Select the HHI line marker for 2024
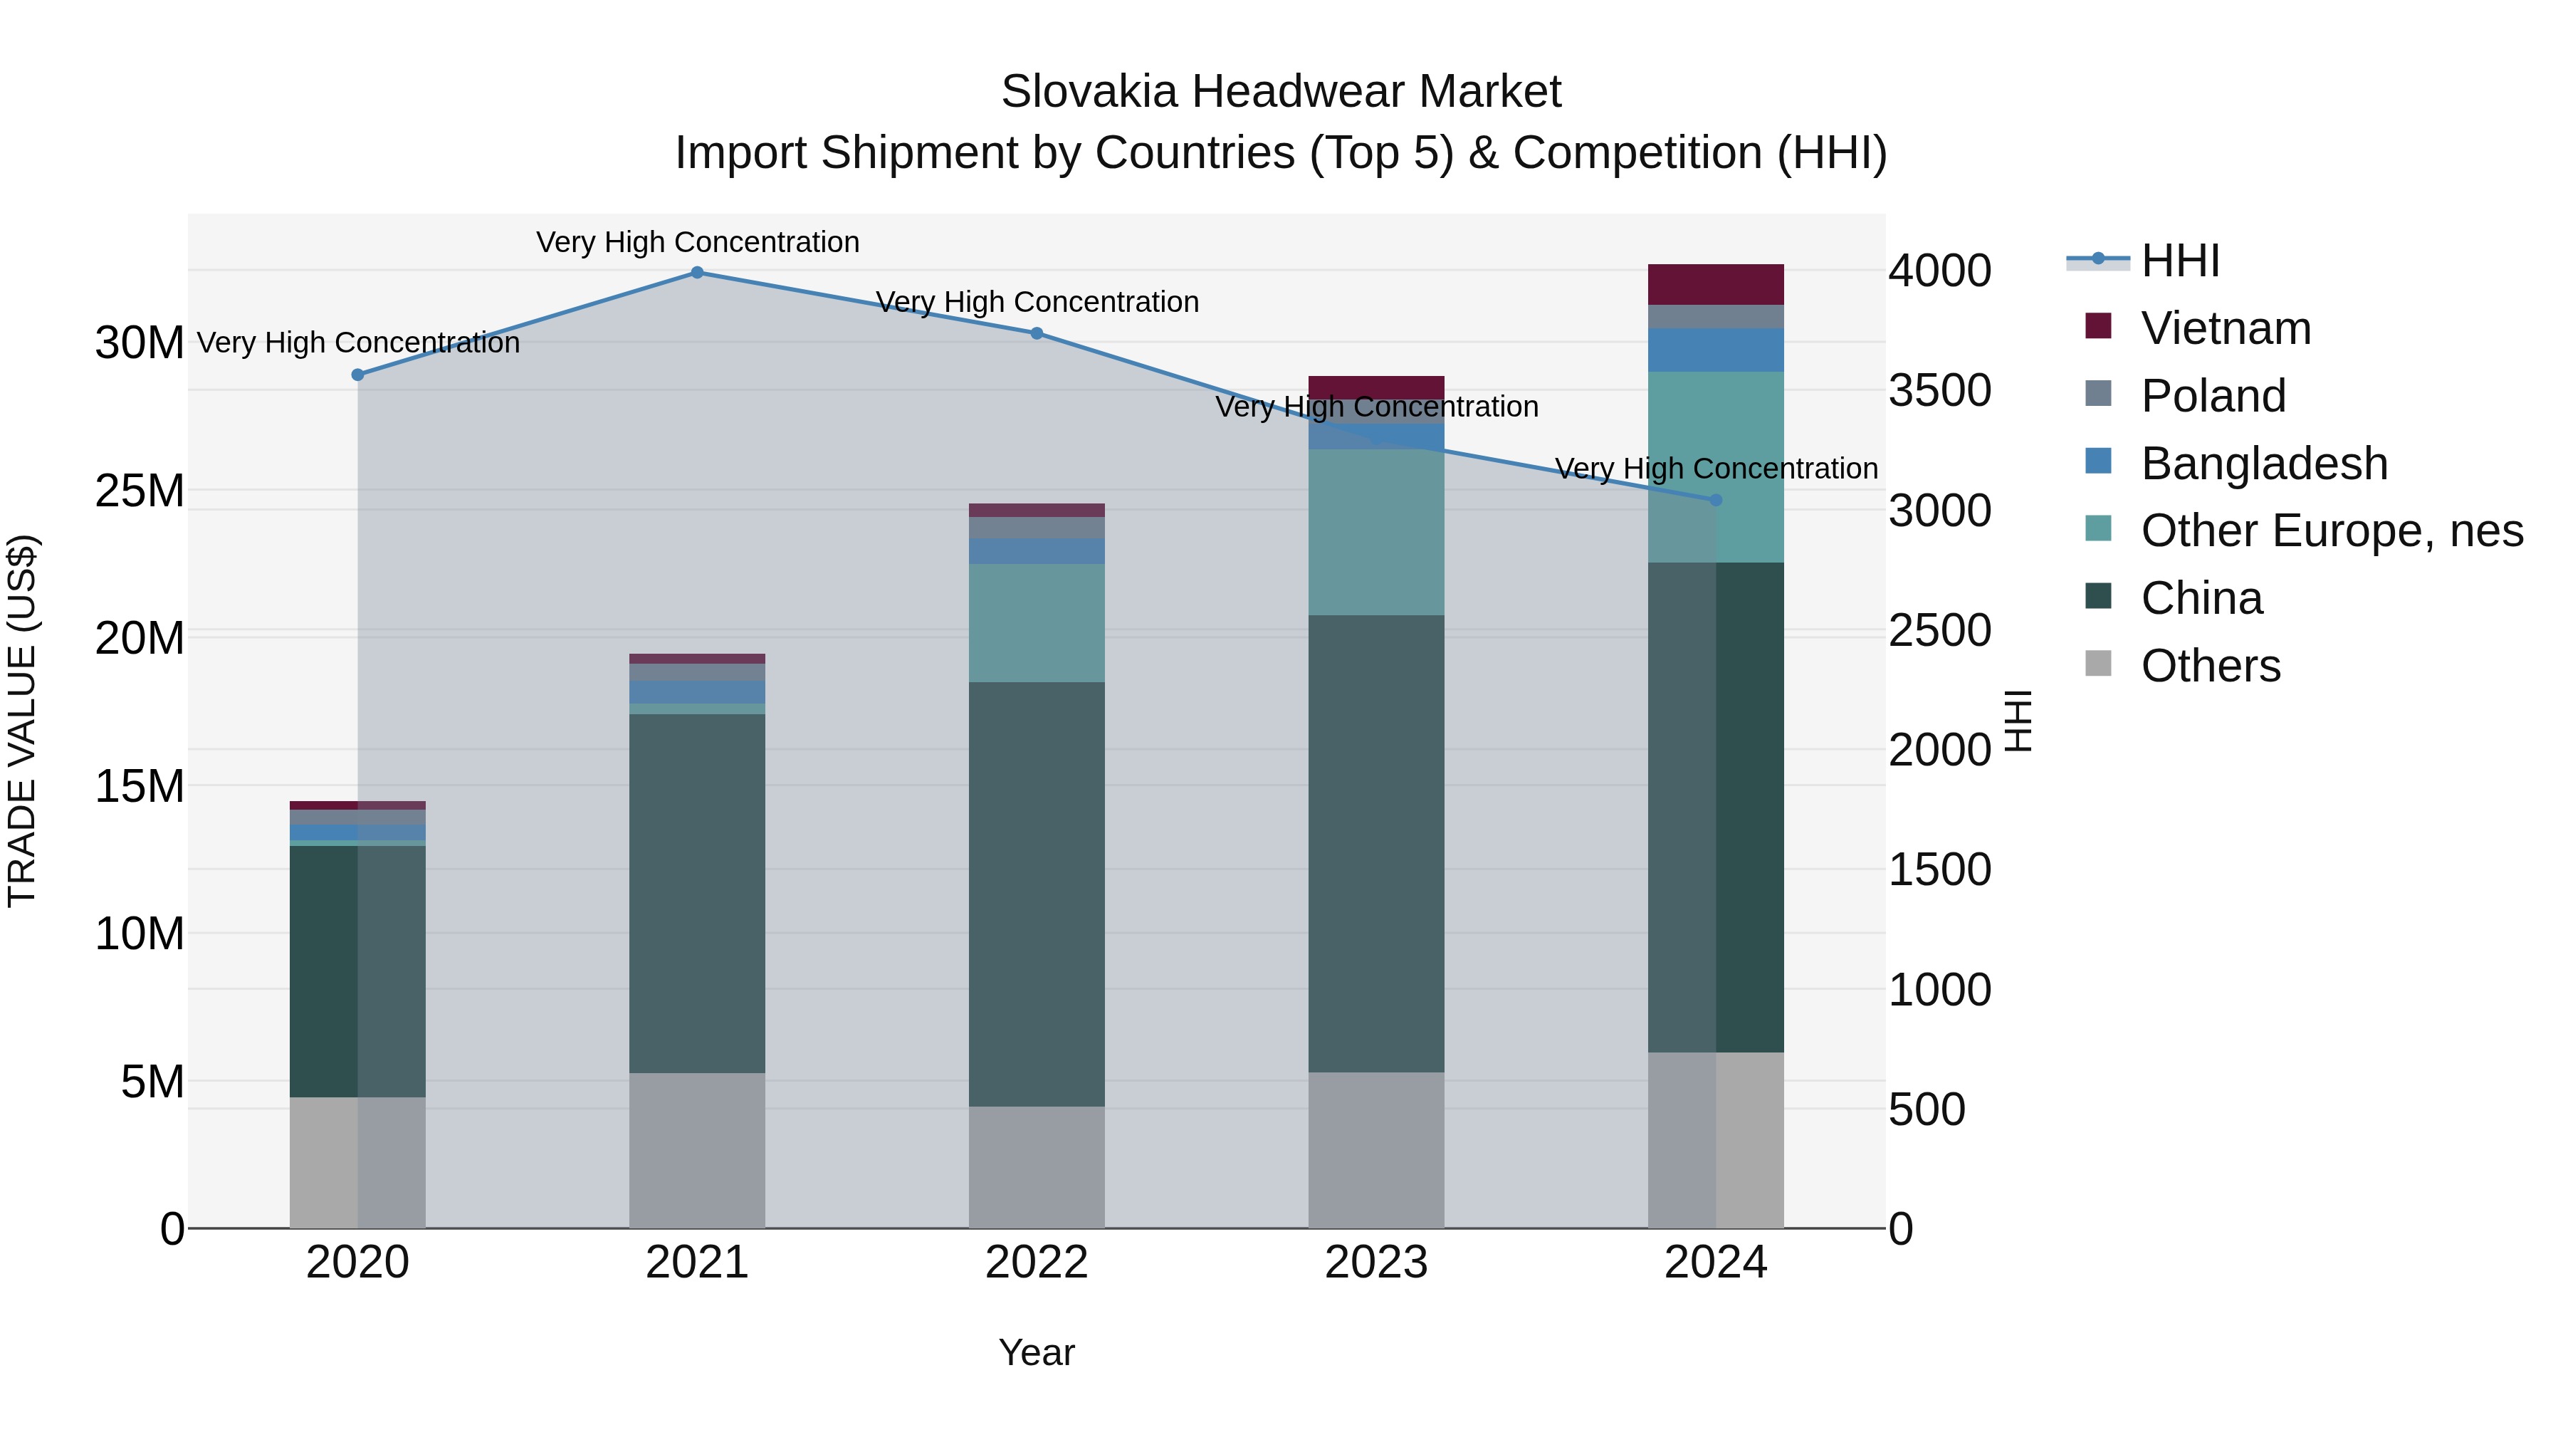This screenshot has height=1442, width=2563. pos(1715,500)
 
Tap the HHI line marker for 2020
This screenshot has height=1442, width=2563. pos(358,375)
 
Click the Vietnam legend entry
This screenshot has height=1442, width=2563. pos(2225,328)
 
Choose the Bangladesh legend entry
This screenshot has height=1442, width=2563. pos(2263,464)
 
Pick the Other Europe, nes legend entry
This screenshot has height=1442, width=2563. pos(2331,531)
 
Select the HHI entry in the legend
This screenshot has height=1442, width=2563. pos(2179,261)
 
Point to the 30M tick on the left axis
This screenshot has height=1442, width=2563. pos(140,343)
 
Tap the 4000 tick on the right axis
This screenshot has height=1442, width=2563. pos(1939,271)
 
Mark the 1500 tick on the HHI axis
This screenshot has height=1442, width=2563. pos(1939,869)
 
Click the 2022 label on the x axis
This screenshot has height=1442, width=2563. pos(1037,1263)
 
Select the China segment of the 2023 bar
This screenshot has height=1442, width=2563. pos(1376,843)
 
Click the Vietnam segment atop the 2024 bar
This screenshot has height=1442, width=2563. pos(1715,285)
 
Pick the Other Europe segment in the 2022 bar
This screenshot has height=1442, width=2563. pos(1037,623)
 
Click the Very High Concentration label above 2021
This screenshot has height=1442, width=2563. pos(698,242)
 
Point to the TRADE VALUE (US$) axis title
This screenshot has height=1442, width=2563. pos(22,721)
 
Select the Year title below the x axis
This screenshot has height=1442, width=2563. pos(1037,1352)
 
